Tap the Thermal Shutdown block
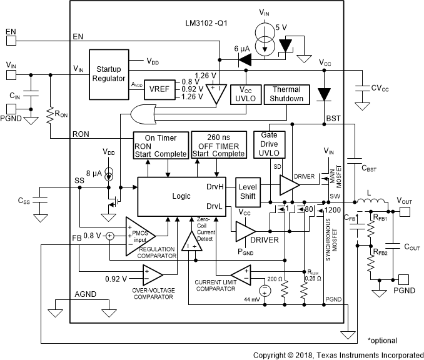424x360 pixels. tap(287, 94)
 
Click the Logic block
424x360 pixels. tap(177, 196)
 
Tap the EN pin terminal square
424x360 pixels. tap(11, 41)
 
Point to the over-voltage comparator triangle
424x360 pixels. tap(152, 273)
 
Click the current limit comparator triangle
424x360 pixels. tap(240, 274)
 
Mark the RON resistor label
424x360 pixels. tap(62, 115)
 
